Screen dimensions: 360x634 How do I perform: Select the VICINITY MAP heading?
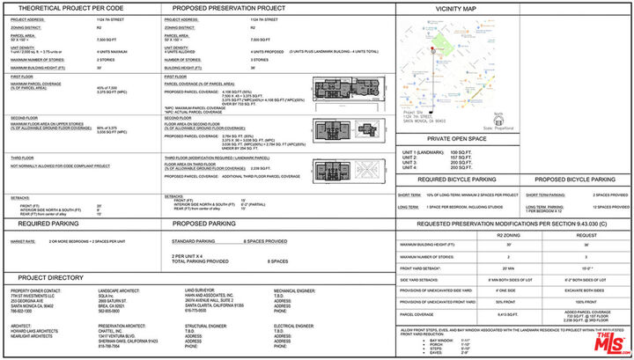coord(455,8)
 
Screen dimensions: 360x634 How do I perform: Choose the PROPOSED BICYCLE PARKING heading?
coord(572,179)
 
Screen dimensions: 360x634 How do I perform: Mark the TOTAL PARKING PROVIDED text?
coord(201,261)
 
